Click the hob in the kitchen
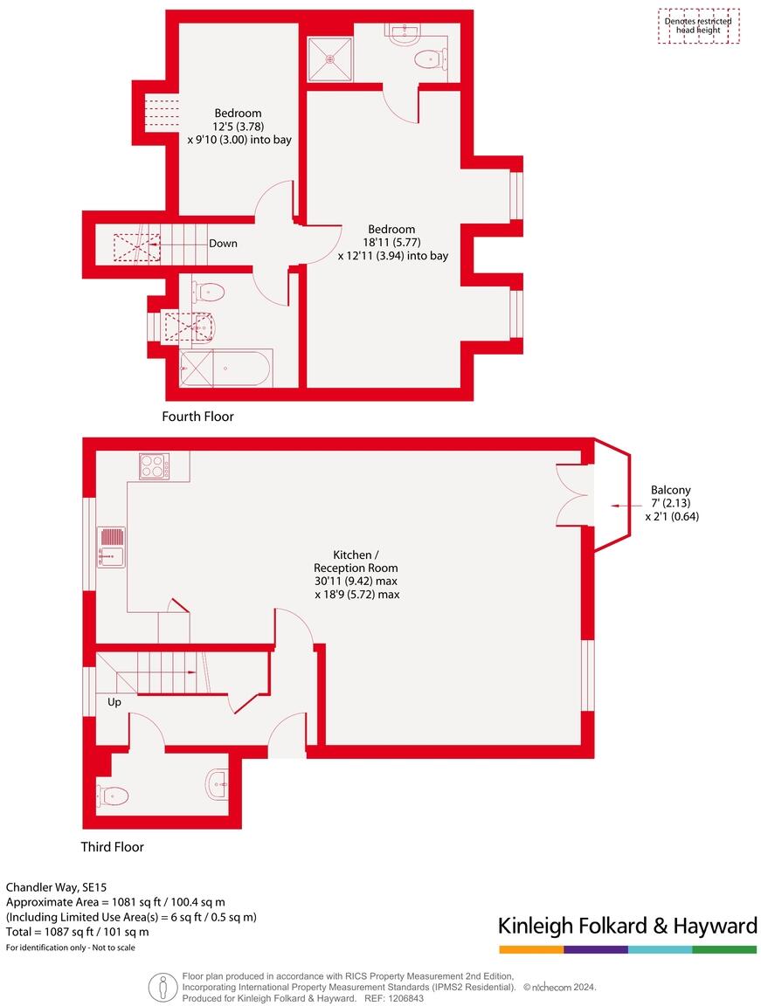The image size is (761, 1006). click(154, 466)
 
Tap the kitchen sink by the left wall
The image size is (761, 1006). click(112, 547)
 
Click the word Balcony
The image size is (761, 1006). click(671, 491)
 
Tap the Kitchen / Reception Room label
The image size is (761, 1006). click(356, 562)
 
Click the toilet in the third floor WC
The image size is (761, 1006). click(113, 796)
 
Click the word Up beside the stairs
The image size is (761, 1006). click(114, 702)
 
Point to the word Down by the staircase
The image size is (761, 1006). click(223, 244)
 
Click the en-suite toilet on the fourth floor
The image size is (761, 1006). click(431, 59)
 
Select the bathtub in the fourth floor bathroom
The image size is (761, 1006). click(225, 368)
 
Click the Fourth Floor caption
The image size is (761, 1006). click(198, 417)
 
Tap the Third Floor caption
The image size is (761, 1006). click(113, 846)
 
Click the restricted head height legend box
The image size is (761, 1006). click(698, 26)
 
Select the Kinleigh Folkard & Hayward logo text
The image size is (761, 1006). click(626, 926)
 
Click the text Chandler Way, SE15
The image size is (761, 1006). click(57, 886)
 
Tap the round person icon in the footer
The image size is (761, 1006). click(163, 987)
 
